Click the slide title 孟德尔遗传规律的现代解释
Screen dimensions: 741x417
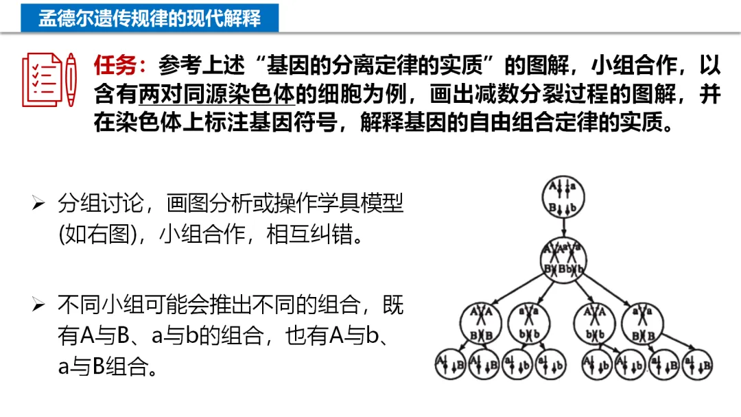point(150,17)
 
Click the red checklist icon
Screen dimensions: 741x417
point(43,79)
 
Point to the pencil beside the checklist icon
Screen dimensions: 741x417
point(71,79)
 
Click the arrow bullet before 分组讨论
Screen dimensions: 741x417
point(38,204)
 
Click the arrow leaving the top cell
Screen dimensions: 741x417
point(563,226)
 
